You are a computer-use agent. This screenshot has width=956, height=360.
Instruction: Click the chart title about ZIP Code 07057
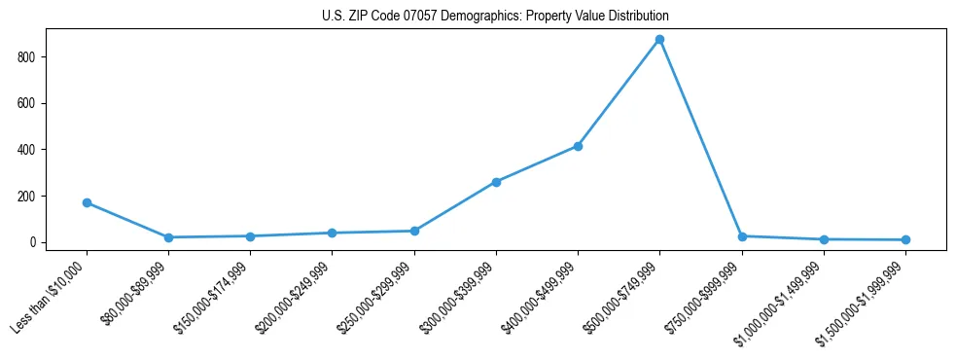[x=495, y=17]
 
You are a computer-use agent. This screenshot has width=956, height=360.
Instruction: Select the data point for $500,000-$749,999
[x=659, y=40]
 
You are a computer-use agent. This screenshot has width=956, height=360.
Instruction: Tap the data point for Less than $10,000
[x=87, y=202]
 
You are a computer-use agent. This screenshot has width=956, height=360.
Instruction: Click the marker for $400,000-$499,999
[x=578, y=146]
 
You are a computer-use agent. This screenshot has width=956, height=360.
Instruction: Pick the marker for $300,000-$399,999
[x=496, y=182]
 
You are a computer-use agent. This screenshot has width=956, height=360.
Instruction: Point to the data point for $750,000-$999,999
[x=742, y=236]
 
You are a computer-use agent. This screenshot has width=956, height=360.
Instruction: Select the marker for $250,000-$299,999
[x=414, y=231]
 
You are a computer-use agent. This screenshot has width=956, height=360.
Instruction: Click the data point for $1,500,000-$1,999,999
[x=905, y=239]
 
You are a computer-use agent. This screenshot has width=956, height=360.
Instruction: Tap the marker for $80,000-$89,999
[x=168, y=237]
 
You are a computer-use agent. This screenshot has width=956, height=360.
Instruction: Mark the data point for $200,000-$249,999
[x=333, y=233]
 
